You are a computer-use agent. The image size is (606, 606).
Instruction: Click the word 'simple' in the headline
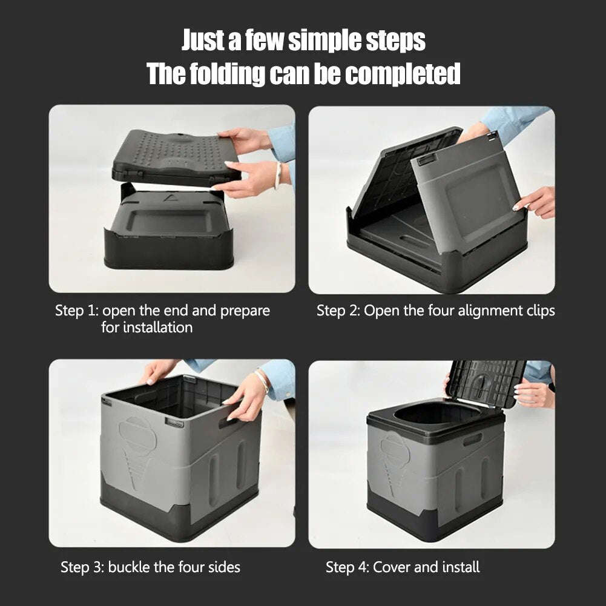click(324, 41)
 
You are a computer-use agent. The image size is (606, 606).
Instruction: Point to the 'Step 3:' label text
click(82, 567)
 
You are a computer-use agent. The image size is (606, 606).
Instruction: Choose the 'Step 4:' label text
click(347, 567)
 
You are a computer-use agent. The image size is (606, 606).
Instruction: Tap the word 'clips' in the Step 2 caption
click(538, 311)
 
